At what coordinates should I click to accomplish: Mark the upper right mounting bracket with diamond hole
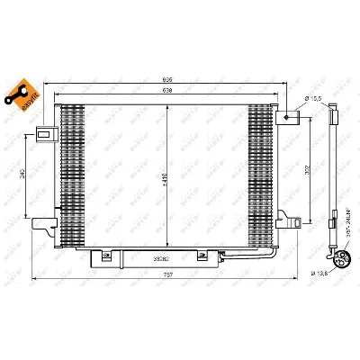(x=288, y=116)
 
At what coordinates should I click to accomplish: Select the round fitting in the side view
(x=339, y=260)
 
